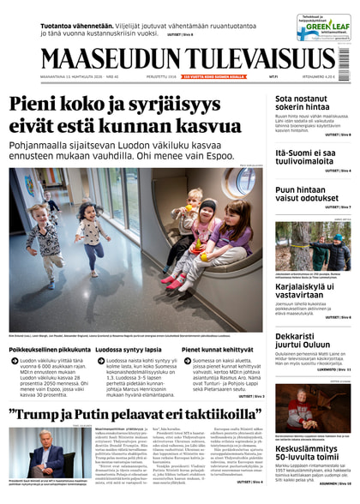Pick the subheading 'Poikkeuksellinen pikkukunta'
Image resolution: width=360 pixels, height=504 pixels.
(50, 350)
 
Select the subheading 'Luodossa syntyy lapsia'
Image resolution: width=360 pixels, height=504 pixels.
(129, 350)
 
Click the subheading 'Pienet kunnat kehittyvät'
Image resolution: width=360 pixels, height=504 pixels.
(217, 350)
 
